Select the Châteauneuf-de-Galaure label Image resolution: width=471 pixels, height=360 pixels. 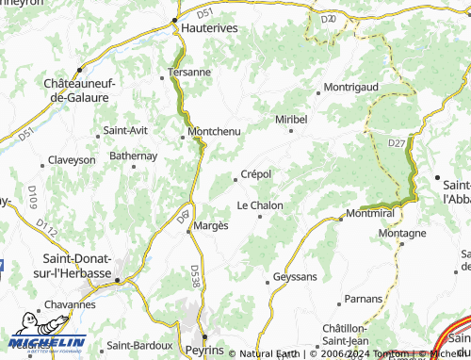tap(79, 90)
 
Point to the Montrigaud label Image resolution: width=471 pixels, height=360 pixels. tap(350, 87)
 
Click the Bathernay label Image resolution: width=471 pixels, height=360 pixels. tap(133, 155)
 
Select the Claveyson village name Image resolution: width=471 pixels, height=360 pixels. tap(72, 160)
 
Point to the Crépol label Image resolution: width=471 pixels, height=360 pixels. tap(256, 174)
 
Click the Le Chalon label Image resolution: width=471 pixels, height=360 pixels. tap(260, 205)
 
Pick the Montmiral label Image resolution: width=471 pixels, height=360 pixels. tap(368, 215)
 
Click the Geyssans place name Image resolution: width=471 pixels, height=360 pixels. tap(294, 278)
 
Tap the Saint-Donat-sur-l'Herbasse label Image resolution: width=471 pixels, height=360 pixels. tap(78, 266)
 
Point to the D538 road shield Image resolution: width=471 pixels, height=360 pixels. tap(195, 271)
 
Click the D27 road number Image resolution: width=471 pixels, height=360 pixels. tap(398, 143)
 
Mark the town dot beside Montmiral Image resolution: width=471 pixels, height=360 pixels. tap(340, 219)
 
